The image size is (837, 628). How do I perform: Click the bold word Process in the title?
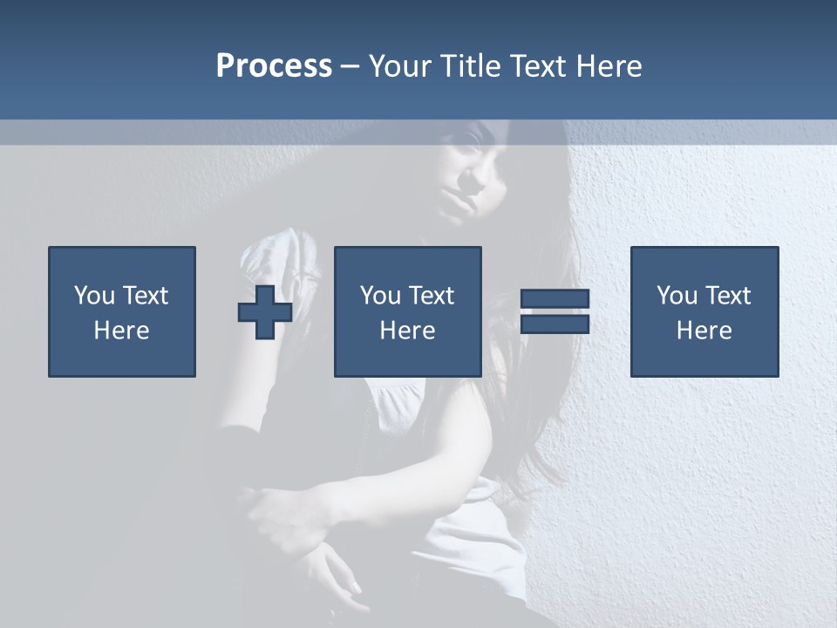coord(274,65)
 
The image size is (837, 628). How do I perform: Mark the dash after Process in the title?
coord(350,67)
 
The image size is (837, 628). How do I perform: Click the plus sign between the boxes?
coord(265,312)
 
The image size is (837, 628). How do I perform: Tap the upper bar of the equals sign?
coord(555,299)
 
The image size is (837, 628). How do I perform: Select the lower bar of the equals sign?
coord(555,324)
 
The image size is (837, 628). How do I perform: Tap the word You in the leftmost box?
coord(93,296)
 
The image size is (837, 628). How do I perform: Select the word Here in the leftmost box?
coord(122,331)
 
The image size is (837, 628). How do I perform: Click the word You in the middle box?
coord(379,296)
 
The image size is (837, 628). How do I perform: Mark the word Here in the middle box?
coord(408,331)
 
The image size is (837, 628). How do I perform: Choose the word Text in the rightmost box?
coord(727,296)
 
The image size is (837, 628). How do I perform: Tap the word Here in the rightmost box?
coord(704,331)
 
